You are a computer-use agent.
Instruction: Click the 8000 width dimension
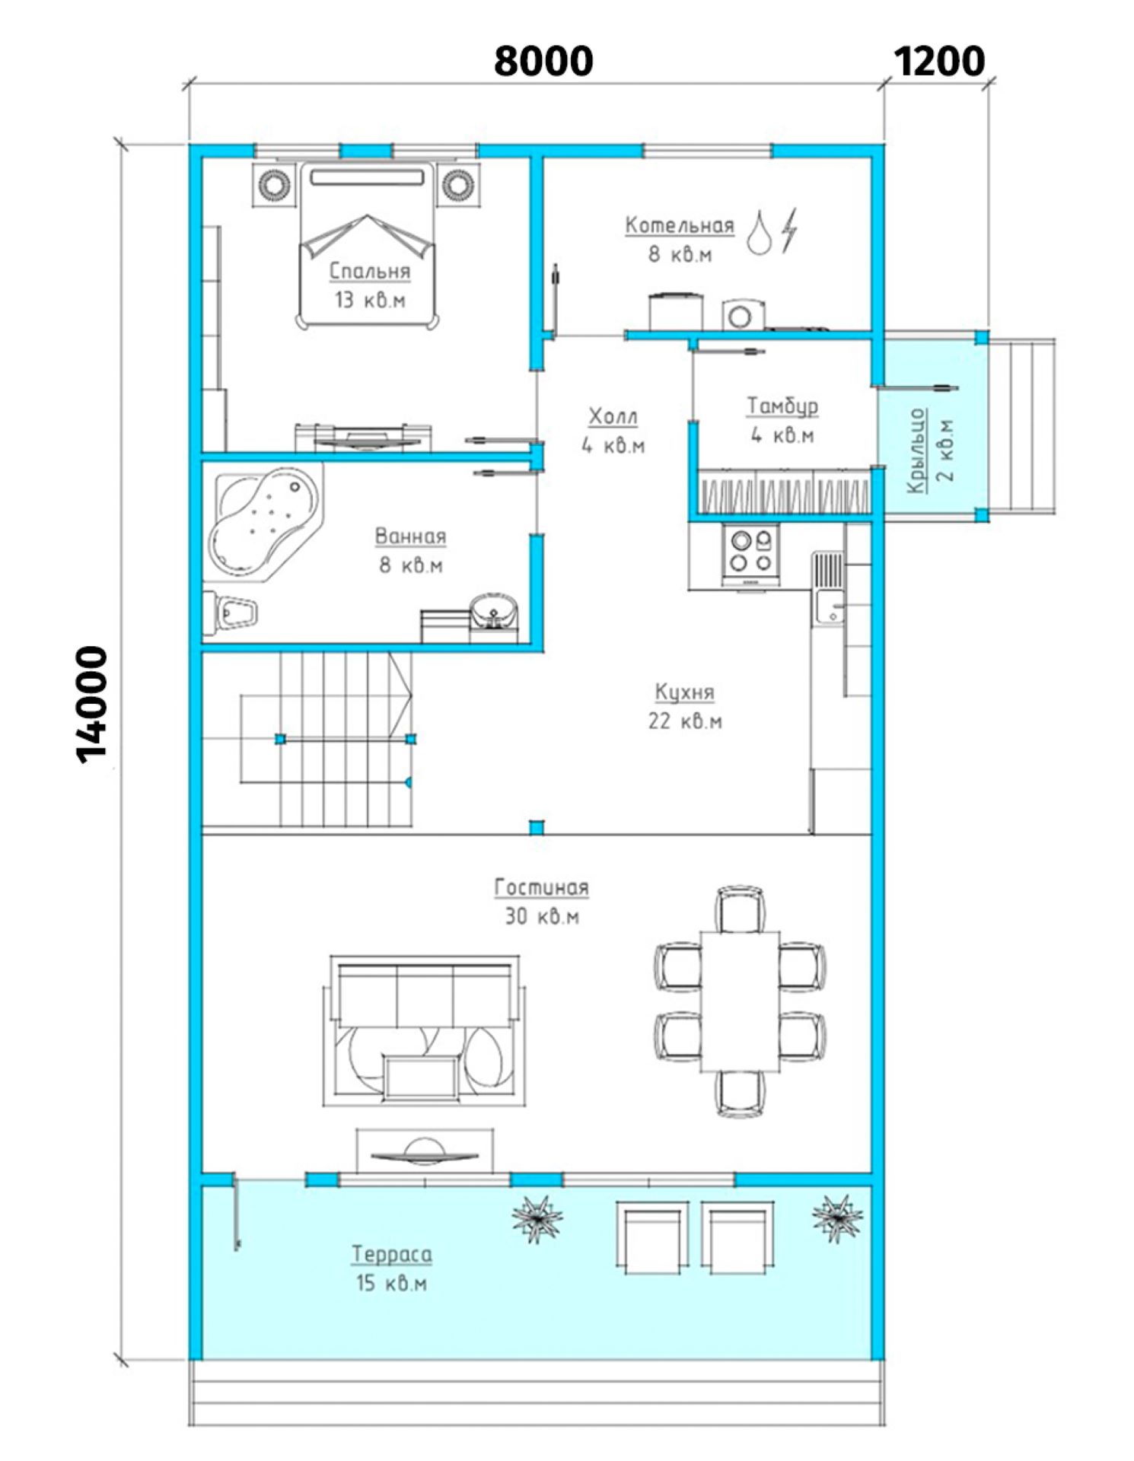coord(543,61)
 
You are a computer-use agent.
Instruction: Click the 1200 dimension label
coord(939,61)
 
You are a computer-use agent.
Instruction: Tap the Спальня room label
coord(370,271)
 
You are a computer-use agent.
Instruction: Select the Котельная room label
coord(680,225)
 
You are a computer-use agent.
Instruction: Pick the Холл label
coord(613,416)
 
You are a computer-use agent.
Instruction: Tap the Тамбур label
coord(782,406)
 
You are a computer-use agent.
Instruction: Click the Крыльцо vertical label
coord(918,450)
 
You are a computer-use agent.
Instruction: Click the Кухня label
coord(685,692)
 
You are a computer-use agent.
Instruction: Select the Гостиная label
coord(542,887)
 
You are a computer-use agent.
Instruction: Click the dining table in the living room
coord(741,1000)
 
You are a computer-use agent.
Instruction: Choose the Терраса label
coord(392,1255)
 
